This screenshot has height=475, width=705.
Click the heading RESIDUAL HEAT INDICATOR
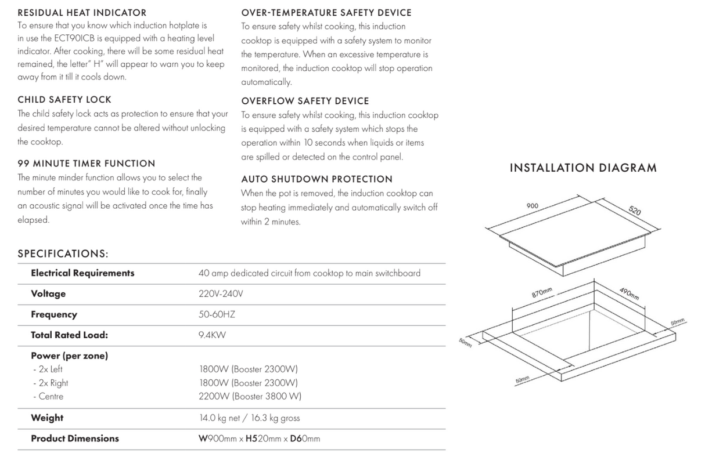pos(82,12)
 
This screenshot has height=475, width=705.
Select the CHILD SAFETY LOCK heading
pos(64,100)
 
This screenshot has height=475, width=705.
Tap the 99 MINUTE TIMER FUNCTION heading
pos(87,164)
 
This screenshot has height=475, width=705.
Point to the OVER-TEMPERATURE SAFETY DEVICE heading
pos(326,12)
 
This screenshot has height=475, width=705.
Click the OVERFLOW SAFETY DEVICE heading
pos(305,101)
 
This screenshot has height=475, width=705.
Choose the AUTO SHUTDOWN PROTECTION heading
pos(316,179)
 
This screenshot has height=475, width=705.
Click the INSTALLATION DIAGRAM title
pos(583,168)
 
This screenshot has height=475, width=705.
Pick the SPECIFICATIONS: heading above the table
pos(63,253)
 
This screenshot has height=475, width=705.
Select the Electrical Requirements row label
pos(82,273)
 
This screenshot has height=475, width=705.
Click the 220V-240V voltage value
pos(221,294)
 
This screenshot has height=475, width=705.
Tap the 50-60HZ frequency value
pos(217,314)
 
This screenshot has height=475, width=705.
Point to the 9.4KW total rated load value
pos(212,335)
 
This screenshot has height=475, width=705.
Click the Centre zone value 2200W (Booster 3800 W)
pos(250,397)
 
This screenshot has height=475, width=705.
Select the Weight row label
pos(47,418)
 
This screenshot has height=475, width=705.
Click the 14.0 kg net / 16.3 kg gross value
pos(250,418)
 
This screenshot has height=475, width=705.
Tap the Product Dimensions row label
pos(75,438)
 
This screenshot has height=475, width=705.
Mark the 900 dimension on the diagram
pos(532,206)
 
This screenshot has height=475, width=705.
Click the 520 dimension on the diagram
pos(635,211)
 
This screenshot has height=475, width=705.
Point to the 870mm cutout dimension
pos(542,292)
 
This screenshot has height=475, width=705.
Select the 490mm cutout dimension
pos(629,293)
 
